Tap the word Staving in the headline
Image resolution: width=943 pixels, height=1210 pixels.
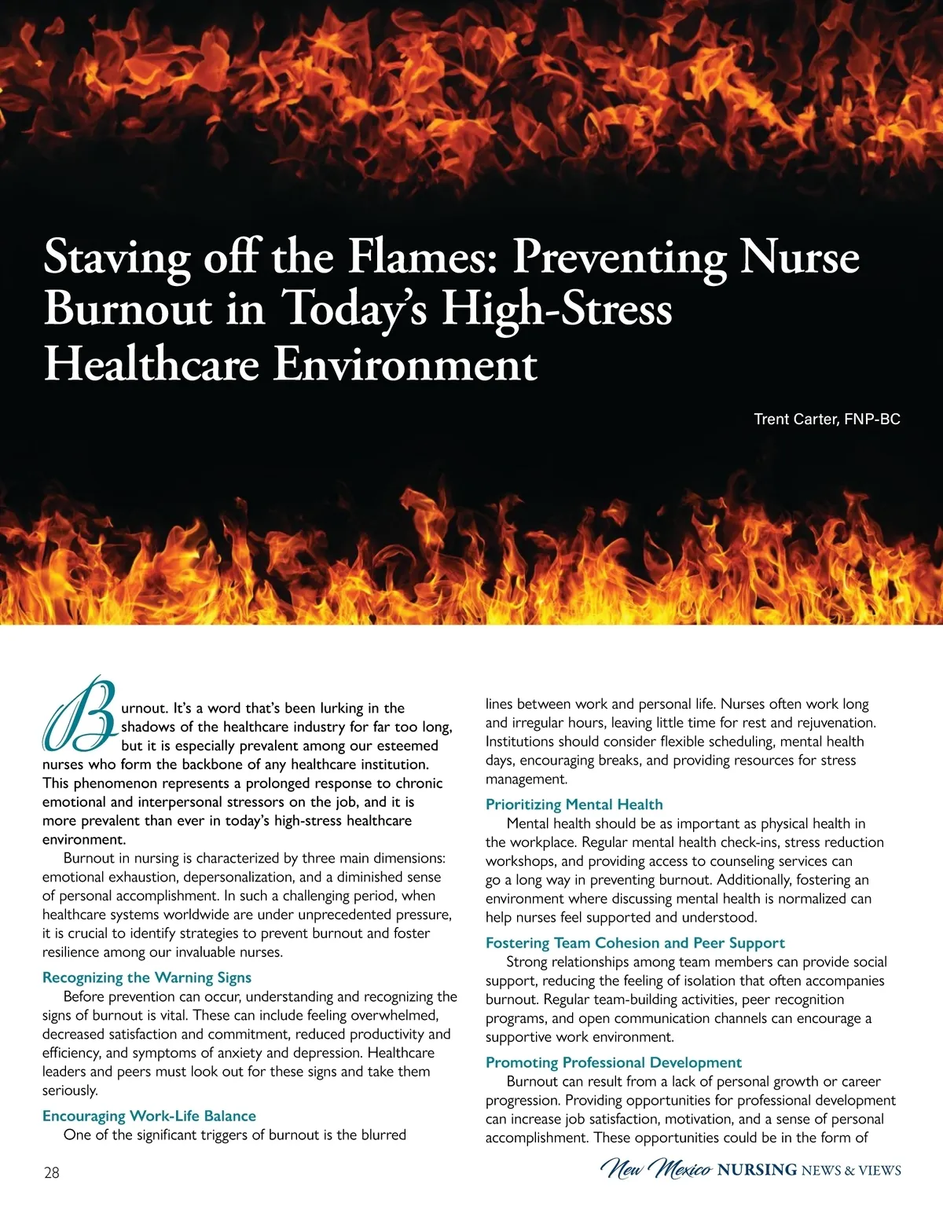116,258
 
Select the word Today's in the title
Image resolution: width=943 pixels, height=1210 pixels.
354,309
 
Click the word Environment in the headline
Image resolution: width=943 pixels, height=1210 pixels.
405,364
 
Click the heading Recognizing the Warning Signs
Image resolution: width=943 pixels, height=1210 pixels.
147,977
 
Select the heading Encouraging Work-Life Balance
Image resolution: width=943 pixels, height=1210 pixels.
149,1116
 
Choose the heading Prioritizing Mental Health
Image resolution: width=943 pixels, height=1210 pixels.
574,804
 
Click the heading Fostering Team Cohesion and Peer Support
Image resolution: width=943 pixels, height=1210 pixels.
635,943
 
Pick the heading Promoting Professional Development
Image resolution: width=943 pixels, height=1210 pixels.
613,1062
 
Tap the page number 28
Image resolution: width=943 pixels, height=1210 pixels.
52,1173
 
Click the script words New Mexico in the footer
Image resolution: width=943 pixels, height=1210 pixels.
657,1170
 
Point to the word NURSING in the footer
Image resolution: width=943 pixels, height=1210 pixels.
757,1171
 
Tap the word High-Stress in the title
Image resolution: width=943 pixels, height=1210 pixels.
557,309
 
